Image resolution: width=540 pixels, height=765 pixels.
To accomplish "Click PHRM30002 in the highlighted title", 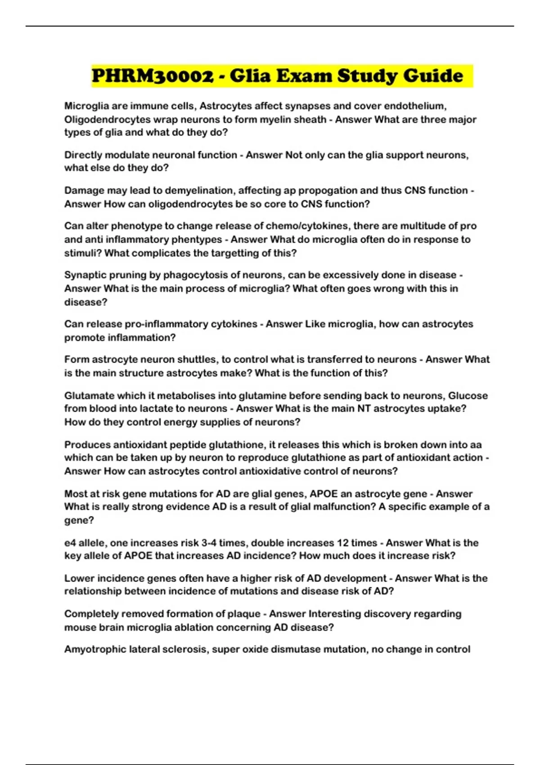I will (x=153, y=76).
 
